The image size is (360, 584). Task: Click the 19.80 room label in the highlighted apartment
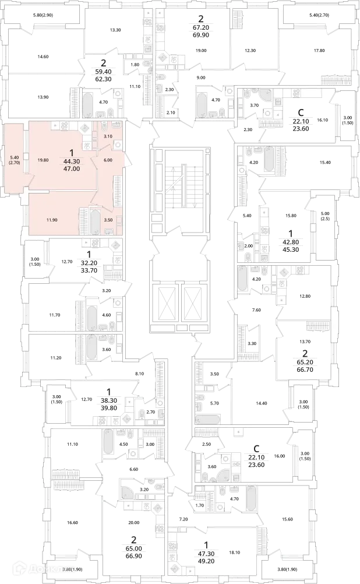coord(43,160)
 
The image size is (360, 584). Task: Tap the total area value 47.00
coord(72,168)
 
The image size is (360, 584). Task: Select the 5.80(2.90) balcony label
coord(42,15)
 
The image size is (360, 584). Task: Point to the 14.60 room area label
coord(43,57)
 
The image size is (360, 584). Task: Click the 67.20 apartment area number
coord(201,27)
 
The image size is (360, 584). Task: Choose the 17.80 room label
coord(309,51)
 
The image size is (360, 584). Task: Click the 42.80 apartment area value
coord(291,242)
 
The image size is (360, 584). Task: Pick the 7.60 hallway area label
coord(256,310)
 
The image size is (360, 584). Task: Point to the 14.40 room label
coord(262,403)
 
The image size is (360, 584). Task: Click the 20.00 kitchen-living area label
coord(133,523)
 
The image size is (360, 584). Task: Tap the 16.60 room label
coord(73,523)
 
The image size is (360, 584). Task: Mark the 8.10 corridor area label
coord(140,373)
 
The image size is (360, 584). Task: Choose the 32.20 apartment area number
coord(89,263)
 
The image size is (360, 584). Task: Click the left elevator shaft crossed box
coord(167,301)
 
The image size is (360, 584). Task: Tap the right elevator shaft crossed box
coord(193,301)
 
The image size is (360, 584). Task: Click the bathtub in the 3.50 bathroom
coord(96,222)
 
